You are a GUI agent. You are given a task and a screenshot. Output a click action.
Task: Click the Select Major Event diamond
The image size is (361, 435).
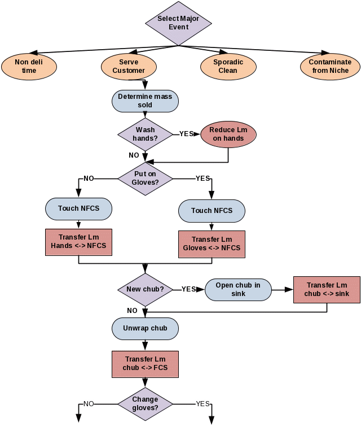(x=178, y=23)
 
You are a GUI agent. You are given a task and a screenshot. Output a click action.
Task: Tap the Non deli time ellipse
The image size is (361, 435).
(x=29, y=67)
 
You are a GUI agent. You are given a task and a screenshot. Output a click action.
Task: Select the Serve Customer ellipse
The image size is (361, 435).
(x=129, y=67)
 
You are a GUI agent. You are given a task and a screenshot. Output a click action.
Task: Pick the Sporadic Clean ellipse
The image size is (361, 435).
(x=228, y=67)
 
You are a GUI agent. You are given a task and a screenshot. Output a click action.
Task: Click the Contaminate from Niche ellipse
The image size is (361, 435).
(x=330, y=67)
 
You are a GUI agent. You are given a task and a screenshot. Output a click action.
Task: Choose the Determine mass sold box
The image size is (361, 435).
(x=145, y=101)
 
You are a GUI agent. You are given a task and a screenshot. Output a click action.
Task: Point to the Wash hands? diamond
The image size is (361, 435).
(x=145, y=134)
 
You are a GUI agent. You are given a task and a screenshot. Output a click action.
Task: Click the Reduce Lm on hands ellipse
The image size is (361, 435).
(x=228, y=134)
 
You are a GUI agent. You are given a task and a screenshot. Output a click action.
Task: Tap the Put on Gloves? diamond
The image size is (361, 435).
(x=145, y=179)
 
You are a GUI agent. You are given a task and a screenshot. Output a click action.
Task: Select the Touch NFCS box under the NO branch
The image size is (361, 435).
(x=78, y=209)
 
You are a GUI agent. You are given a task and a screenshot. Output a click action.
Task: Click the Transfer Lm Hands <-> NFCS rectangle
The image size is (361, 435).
(x=78, y=242)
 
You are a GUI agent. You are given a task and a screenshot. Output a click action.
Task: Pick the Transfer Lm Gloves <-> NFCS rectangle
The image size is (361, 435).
(x=212, y=244)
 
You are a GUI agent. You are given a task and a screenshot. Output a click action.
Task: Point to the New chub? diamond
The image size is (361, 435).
(x=145, y=290)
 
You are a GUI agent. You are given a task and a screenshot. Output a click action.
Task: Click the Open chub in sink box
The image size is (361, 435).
(x=238, y=290)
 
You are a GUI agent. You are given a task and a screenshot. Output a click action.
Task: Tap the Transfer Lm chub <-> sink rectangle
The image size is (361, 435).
(x=327, y=290)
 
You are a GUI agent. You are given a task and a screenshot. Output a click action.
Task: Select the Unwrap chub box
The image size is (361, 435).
(x=145, y=329)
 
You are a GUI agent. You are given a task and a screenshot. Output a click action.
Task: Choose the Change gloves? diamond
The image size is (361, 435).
(x=145, y=404)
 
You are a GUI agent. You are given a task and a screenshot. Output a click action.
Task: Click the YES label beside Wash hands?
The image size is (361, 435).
(x=187, y=134)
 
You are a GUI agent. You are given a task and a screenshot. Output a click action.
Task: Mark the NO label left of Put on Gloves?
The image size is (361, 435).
(x=89, y=179)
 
